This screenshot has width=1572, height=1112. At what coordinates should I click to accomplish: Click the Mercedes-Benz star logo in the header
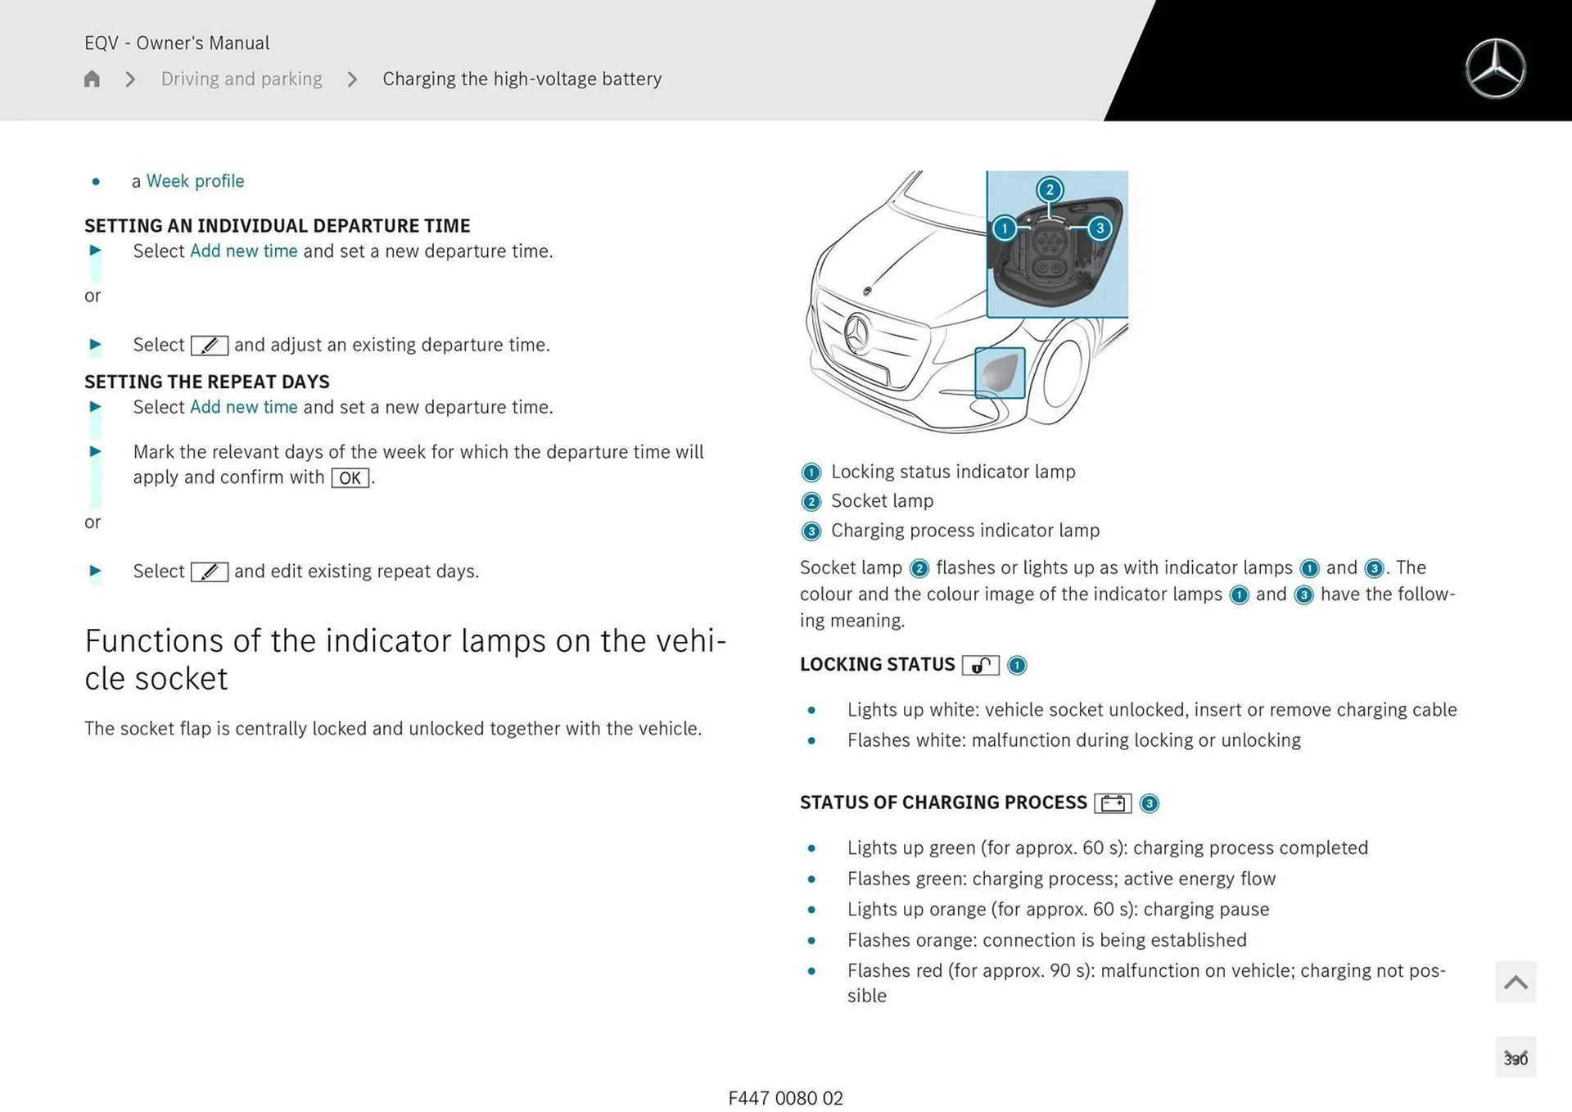click(x=1495, y=69)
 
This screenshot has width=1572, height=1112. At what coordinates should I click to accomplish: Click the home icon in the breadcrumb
click(x=92, y=79)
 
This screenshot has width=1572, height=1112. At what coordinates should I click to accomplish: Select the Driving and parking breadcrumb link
click(x=242, y=79)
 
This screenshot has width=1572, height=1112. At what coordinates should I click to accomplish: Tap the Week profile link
click(x=195, y=181)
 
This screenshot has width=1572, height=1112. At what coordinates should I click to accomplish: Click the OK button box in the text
click(x=350, y=478)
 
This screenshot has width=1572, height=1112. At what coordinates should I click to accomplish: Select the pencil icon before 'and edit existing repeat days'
click(x=210, y=572)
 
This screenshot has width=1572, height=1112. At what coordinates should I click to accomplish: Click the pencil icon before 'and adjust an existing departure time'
click(x=210, y=346)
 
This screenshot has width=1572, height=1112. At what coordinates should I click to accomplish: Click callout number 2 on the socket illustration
click(x=1050, y=190)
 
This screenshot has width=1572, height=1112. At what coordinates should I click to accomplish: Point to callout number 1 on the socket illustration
click(x=1005, y=228)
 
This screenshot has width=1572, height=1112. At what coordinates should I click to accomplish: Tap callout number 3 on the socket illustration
click(x=1100, y=228)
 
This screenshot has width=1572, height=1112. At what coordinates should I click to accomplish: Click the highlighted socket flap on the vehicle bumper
click(x=1000, y=373)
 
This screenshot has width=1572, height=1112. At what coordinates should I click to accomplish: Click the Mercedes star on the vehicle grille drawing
click(x=856, y=333)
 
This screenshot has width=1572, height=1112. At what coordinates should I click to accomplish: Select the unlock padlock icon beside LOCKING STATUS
click(x=980, y=666)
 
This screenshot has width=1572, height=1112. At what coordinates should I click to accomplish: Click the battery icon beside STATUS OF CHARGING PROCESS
click(x=1113, y=803)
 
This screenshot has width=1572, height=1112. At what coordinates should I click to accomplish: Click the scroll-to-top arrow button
click(x=1516, y=982)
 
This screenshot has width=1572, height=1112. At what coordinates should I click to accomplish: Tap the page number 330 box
click(x=1516, y=1058)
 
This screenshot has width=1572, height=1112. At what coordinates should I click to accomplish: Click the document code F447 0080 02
click(x=785, y=1098)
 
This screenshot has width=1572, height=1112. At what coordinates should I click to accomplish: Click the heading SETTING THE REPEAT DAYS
click(x=207, y=382)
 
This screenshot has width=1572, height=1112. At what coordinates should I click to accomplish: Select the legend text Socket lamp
click(x=882, y=501)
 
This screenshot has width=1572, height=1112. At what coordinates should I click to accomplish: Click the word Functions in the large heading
click(x=154, y=641)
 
